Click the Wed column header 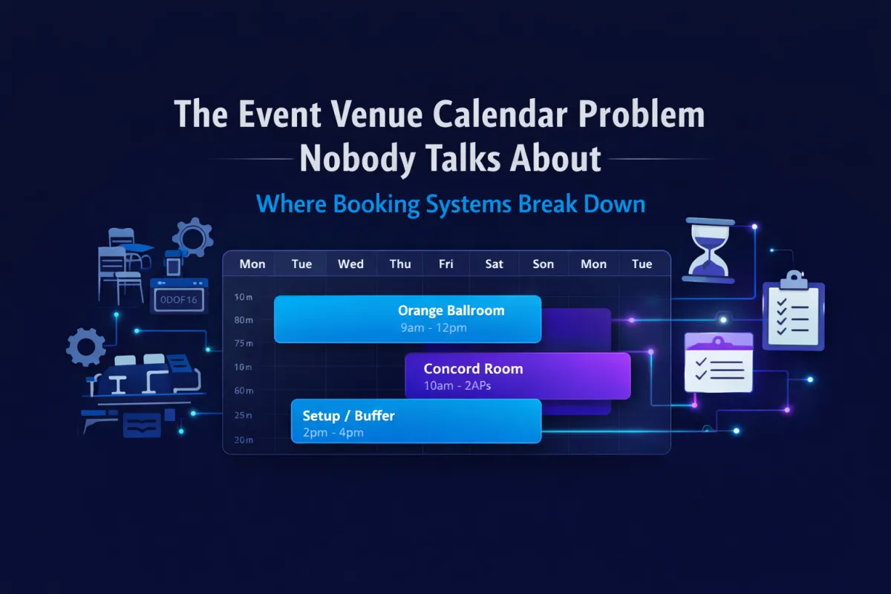pyautogui.click(x=350, y=264)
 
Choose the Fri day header pyautogui.click(x=446, y=264)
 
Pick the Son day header pyautogui.click(x=544, y=264)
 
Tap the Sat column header pyautogui.click(x=494, y=264)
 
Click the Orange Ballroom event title pyautogui.click(x=451, y=310)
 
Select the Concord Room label pyautogui.click(x=473, y=368)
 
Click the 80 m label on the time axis pyautogui.click(x=244, y=320)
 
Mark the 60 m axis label pyautogui.click(x=244, y=391)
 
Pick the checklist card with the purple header pyautogui.click(x=719, y=363)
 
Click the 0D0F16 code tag pyautogui.click(x=179, y=300)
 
